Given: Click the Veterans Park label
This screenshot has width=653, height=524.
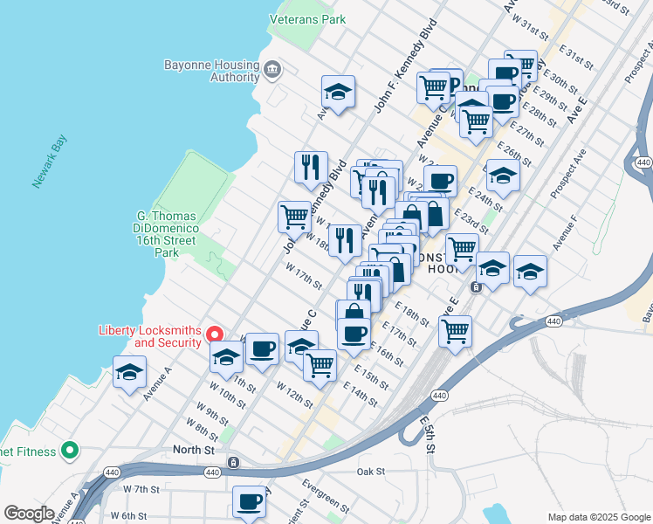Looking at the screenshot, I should pyautogui.click(x=307, y=19).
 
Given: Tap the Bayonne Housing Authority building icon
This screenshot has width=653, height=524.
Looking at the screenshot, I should pyautogui.click(x=272, y=69).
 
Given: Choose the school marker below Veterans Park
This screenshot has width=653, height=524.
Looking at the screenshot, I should pyautogui.click(x=338, y=90).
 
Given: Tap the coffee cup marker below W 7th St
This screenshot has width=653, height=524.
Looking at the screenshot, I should pyautogui.click(x=250, y=501).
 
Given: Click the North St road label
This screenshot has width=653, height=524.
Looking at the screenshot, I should pyautogui.click(x=193, y=450).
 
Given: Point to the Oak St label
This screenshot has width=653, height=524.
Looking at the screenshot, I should pyautogui.click(x=371, y=472).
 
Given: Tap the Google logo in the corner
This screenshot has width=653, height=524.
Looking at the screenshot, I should pyautogui.click(x=29, y=514).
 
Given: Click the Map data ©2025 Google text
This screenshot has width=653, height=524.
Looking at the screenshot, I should pyautogui.click(x=598, y=516).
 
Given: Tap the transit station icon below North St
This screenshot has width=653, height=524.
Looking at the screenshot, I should pyautogui.click(x=233, y=462).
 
